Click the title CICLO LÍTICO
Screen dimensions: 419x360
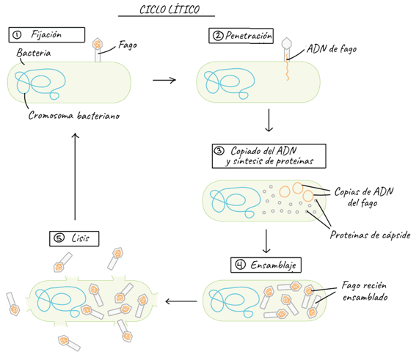pos(170,10)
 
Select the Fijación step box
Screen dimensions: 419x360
pos(47,34)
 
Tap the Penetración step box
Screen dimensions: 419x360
pos(241,35)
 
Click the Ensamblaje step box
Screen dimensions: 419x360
pos(266,265)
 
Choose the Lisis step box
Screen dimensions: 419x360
pos(74,238)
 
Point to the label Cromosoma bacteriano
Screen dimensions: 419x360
pos(74,116)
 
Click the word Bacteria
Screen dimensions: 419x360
pos(34,53)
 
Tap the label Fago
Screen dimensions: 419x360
pos(128,45)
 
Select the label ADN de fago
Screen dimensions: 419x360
pos(332,49)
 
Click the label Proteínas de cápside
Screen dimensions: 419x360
pos(370,235)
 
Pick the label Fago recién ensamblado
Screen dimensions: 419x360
pos(364,291)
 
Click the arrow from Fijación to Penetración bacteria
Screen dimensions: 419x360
pos(164,80)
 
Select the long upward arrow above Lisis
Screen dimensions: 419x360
pos(75,176)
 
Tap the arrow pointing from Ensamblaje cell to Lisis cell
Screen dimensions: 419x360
pos(181,301)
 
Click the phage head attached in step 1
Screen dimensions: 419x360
pos(98,44)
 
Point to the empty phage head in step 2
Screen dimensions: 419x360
pos(287,43)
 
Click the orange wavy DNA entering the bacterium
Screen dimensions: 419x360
pos(287,67)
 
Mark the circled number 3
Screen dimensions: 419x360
pos(219,151)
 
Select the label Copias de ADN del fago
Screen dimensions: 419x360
pos(364,197)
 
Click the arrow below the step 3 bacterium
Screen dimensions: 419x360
pos(266,241)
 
